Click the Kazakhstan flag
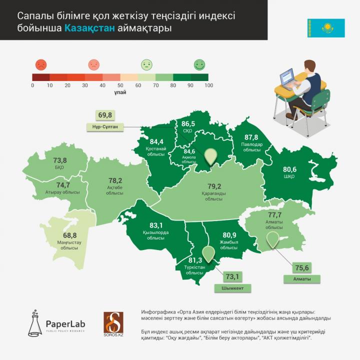coord(326,28)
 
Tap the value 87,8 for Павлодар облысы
coord(251,137)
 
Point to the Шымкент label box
coord(232,288)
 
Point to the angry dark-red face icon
coord(41,64)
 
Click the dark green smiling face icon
coord(199,64)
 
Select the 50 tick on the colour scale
coord(120,85)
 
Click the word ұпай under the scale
coord(120,92)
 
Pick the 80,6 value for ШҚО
coord(290,169)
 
